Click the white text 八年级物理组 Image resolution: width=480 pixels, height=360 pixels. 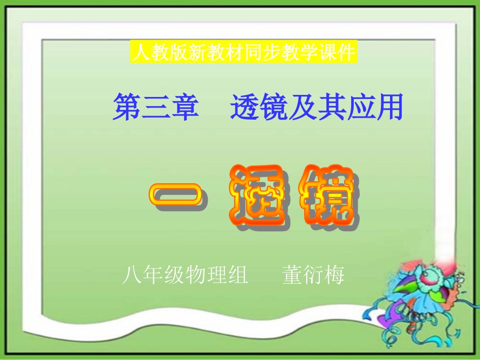tap(185, 276)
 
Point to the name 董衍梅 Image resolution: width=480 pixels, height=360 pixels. tap(313, 276)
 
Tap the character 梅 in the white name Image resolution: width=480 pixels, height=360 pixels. tap(334, 276)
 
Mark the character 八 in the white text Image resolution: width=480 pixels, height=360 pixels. tap(130, 276)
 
